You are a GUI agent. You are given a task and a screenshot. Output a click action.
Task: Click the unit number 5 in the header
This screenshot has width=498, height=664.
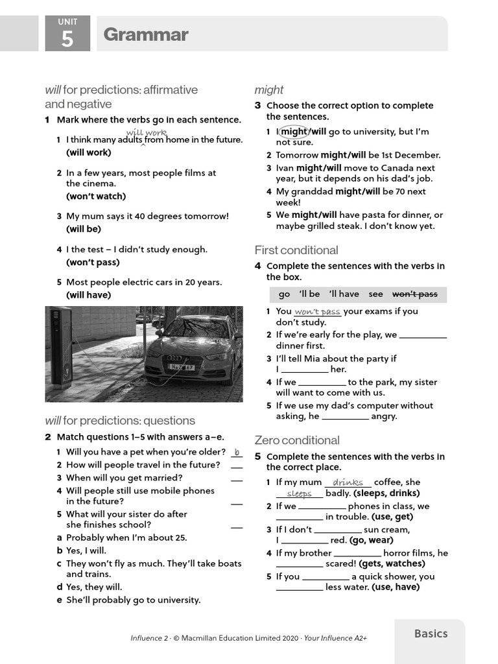tap(67, 39)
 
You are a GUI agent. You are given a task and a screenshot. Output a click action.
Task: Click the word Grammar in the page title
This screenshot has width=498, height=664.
tap(146, 34)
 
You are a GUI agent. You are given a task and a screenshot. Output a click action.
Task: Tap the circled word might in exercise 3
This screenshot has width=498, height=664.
tap(294, 132)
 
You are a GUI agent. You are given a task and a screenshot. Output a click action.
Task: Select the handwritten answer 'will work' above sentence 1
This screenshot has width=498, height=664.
tap(146, 133)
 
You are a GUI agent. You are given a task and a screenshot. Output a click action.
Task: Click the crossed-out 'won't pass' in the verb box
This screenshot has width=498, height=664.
tap(415, 294)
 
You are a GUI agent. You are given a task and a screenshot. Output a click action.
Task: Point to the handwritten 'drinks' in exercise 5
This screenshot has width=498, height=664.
tap(348, 482)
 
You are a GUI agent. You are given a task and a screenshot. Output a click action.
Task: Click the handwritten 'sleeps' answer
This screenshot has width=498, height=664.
tap(299, 493)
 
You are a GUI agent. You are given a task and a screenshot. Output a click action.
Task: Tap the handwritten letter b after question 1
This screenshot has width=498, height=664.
tap(237, 452)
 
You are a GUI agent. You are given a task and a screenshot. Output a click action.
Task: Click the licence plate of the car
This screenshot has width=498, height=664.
tap(182, 367)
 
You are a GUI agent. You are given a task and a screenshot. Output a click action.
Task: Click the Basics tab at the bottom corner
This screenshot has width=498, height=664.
tap(431, 634)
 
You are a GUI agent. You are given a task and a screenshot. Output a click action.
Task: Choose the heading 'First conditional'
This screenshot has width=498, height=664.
tap(296, 250)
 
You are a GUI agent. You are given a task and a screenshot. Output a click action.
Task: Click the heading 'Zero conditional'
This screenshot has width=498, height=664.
tap(297, 440)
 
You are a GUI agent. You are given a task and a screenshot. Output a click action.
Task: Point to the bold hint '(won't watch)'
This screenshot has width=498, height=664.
tap(96, 196)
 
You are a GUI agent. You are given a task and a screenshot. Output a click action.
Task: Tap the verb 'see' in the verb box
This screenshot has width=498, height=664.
tap(376, 294)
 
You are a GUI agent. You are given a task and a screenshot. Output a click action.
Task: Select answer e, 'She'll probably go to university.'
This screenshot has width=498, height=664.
tap(133, 600)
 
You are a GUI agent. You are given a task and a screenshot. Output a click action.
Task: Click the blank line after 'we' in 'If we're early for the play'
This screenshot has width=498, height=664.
tap(423, 335)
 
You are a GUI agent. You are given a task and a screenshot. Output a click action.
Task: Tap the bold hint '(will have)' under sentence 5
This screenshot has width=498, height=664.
tap(89, 295)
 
